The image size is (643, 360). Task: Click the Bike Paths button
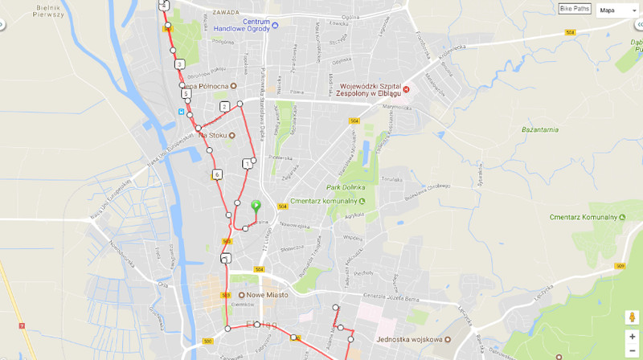[x=575, y=10]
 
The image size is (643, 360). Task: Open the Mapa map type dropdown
[x=617, y=10]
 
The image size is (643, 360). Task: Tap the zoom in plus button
[x=633, y=337]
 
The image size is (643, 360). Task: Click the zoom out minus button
[x=633, y=350]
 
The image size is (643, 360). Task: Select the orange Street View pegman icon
[x=632, y=317]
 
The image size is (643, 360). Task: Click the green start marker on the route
[x=256, y=206]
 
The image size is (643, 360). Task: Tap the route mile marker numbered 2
[x=224, y=106]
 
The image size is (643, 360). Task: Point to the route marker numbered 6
[x=217, y=174]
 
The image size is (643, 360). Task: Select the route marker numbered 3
[x=179, y=64]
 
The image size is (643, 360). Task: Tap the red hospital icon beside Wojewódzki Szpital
[x=406, y=89]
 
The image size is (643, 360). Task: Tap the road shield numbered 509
[x=620, y=266]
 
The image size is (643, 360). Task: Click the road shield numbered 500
[x=207, y=342]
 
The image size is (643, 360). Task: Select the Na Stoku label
[x=214, y=135]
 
